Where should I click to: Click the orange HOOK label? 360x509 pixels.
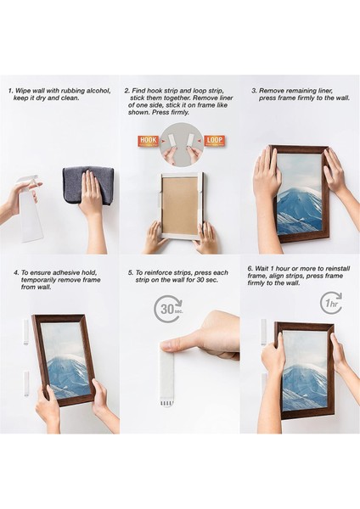[x=148, y=141]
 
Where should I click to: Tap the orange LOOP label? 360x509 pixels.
[x=215, y=141]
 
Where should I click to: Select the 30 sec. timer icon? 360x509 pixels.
[x=167, y=309]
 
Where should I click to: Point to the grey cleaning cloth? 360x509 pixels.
[x=88, y=186]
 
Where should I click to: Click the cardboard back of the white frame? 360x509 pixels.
[x=180, y=205]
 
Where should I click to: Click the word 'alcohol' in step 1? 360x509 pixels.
[x=98, y=91]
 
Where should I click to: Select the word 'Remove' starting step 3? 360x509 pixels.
[x=271, y=91]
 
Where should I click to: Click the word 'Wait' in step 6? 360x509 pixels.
[x=262, y=268]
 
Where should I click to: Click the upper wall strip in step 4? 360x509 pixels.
[x=26, y=332]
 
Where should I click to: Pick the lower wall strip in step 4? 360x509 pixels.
[x=26, y=384]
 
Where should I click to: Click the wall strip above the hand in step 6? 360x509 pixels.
[x=263, y=332]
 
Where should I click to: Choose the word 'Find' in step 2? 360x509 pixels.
[x=138, y=91]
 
